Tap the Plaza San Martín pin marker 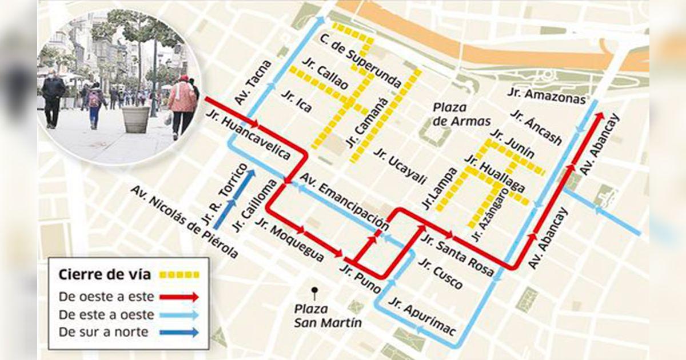tap(314, 291)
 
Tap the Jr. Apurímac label tap(414, 314)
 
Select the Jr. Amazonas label tap(547, 96)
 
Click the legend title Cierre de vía tap(105, 275)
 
